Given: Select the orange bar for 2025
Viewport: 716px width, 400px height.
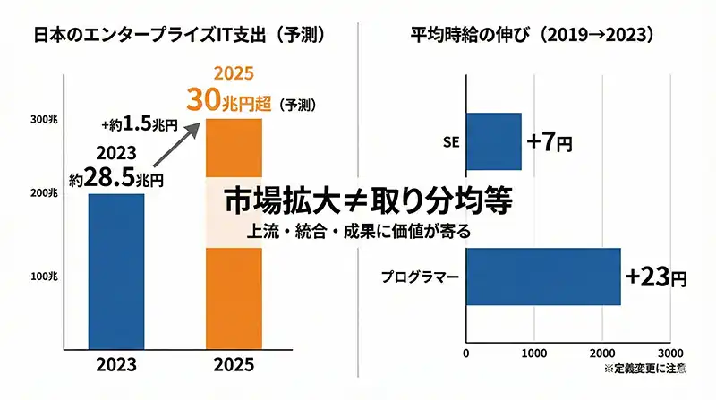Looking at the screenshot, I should point(235,295).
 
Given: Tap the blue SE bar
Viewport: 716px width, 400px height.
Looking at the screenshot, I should point(493,141).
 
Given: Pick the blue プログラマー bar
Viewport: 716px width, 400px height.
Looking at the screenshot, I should point(543,277).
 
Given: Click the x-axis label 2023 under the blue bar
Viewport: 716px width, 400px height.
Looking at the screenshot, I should point(116,366).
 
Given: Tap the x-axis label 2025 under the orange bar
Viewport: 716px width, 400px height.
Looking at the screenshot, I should point(235,366).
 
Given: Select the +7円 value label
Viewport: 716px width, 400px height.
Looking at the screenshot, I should point(549,141).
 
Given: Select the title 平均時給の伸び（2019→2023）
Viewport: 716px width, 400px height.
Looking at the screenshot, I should point(532,35).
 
